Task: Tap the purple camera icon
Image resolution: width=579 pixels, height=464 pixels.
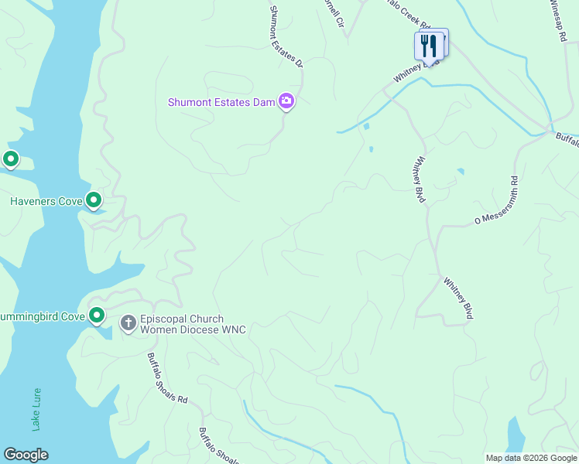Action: (287, 101)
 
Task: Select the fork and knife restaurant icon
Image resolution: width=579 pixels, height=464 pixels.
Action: (429, 46)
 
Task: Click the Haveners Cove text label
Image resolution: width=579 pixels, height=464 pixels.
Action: (46, 202)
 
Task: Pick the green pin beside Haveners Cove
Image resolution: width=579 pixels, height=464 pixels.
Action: (94, 200)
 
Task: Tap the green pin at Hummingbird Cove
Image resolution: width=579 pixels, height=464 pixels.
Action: (97, 315)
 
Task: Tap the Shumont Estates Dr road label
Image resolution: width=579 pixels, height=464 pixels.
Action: (285, 37)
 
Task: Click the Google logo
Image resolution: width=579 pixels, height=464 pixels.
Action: (26, 455)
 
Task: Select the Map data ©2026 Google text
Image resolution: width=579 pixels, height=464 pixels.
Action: (532, 458)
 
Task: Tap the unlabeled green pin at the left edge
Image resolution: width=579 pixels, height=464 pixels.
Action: (11, 159)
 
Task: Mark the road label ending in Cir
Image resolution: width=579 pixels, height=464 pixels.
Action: (334, 14)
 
